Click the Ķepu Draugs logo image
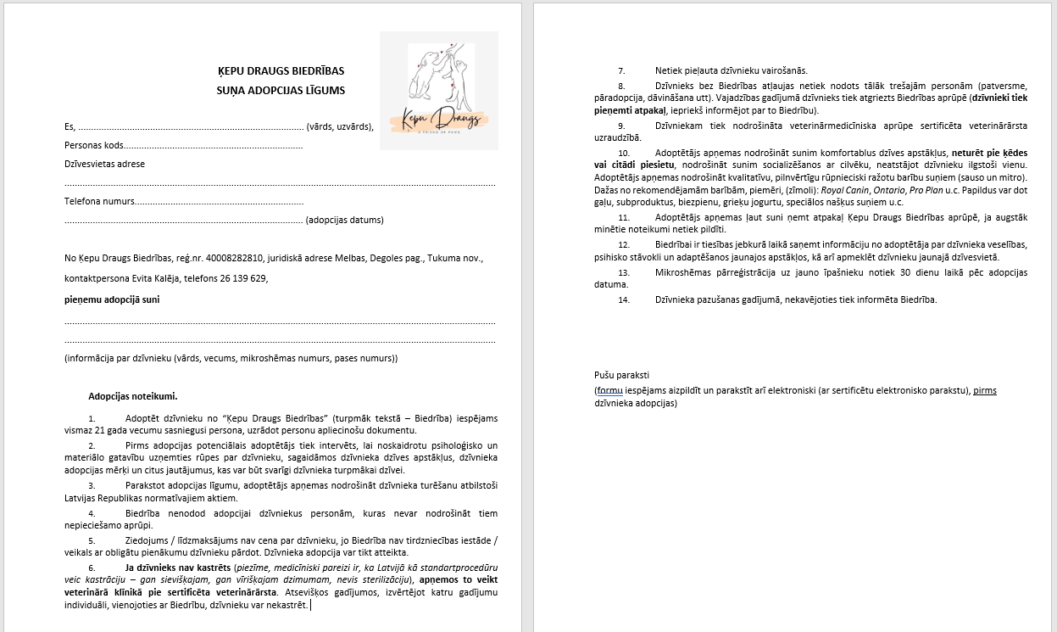point(438,91)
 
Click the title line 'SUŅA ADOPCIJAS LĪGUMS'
point(281,90)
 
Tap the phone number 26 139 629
point(243,278)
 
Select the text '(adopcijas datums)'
point(344,220)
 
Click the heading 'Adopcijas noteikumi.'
point(133,396)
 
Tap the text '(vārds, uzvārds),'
point(340,126)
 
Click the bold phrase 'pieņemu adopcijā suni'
point(112,299)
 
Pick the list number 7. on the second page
point(621,70)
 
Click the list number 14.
point(624,299)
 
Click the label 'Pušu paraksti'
point(622,375)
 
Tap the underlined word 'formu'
point(609,390)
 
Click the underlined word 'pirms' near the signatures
point(985,390)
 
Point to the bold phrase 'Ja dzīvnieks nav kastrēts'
point(179,567)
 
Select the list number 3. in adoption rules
point(92,485)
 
